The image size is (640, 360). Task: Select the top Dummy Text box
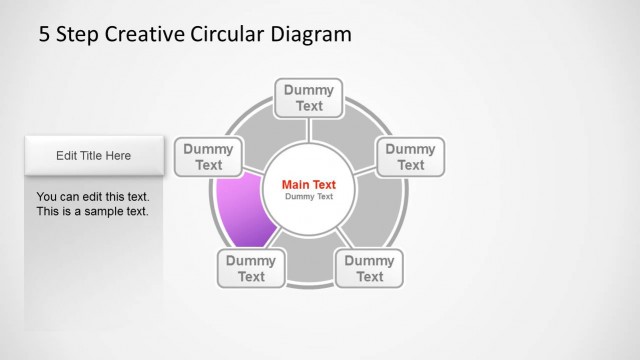(x=309, y=98)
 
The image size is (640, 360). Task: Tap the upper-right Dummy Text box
(x=410, y=157)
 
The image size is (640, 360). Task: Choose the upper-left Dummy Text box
(x=208, y=157)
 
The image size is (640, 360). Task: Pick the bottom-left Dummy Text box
(x=250, y=268)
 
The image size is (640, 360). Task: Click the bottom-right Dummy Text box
(x=369, y=268)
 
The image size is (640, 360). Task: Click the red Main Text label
(x=309, y=184)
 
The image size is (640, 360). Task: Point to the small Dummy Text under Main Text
(x=309, y=197)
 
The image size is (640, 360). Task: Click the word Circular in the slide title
(x=228, y=35)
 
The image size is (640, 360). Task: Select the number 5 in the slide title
(x=44, y=35)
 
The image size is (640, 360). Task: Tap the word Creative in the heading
(x=142, y=35)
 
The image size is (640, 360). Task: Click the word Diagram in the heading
(x=311, y=35)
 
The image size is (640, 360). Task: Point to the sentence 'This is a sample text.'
(x=92, y=212)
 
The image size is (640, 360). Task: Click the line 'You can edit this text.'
(x=92, y=197)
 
